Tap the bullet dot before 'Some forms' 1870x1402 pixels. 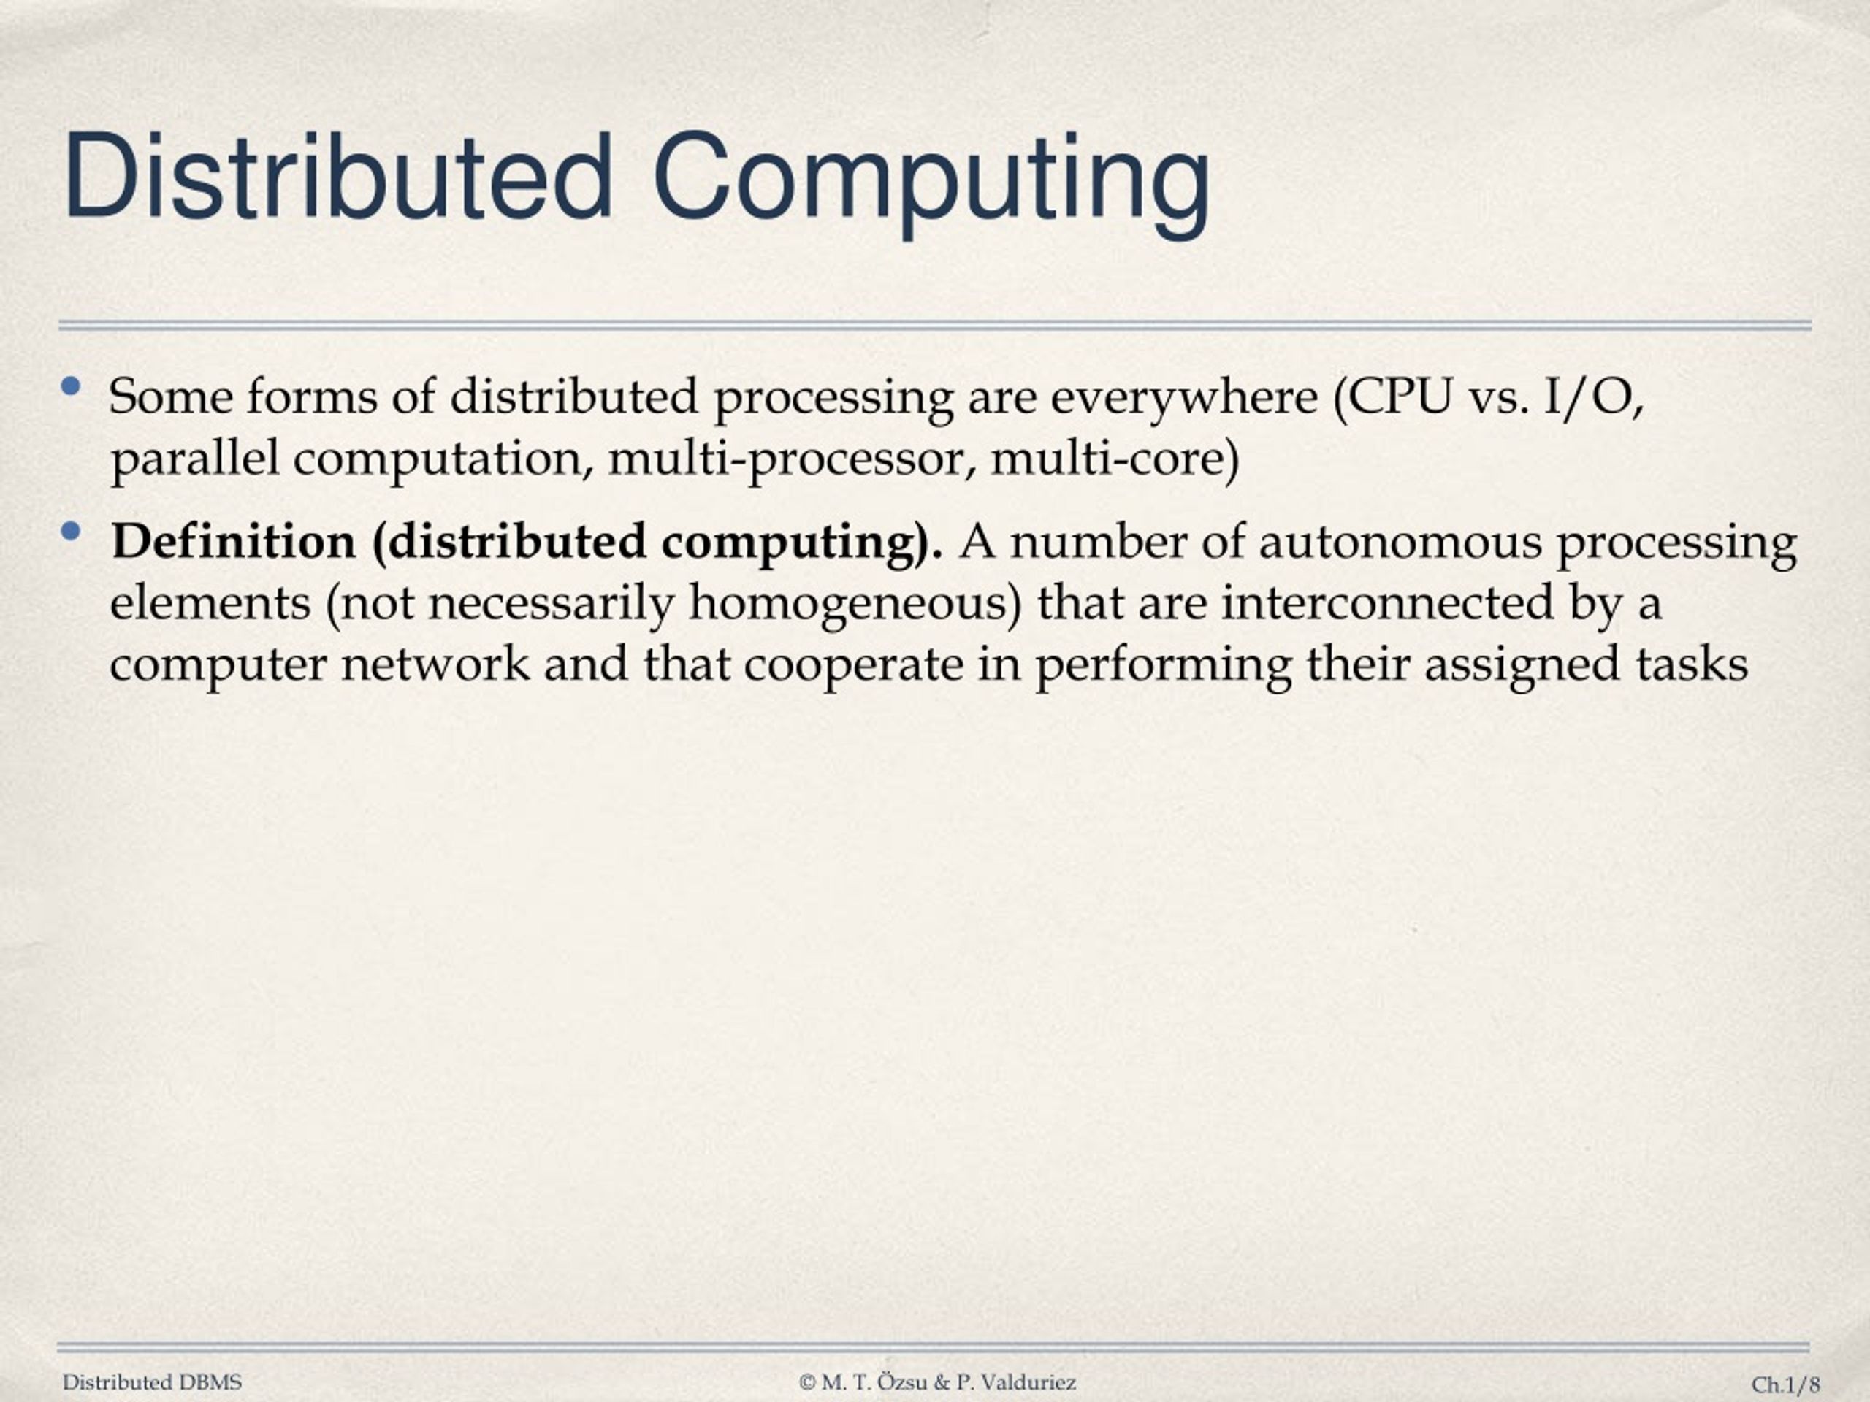click(x=71, y=388)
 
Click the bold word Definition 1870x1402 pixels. click(x=233, y=542)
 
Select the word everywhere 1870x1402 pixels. click(x=1183, y=398)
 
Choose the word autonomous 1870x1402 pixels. click(x=1399, y=543)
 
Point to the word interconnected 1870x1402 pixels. click(x=1387, y=603)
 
